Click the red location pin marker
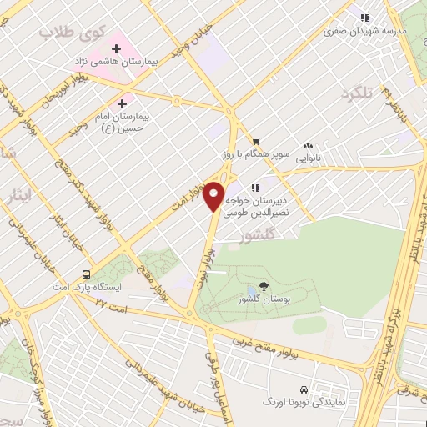click(x=213, y=196)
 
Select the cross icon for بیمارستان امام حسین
click(x=123, y=104)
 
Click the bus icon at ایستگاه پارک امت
click(x=86, y=274)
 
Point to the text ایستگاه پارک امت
click(x=92, y=287)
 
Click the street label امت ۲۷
click(x=114, y=308)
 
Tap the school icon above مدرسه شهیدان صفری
click(x=364, y=17)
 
